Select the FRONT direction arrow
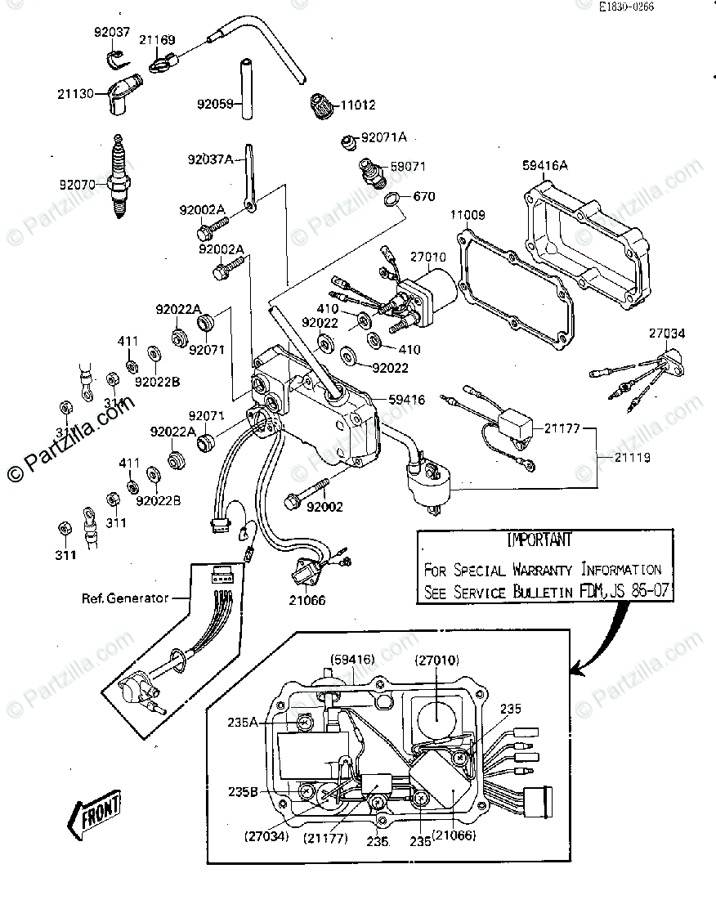pyautogui.click(x=96, y=813)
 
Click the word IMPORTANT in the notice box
pyautogui.click(x=539, y=541)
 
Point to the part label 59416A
pyautogui.click(x=544, y=166)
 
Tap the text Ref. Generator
pyautogui.click(x=125, y=598)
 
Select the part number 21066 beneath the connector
pyautogui.click(x=307, y=600)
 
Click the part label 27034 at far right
pyautogui.click(x=668, y=334)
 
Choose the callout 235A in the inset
pyautogui.click(x=244, y=722)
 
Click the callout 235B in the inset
pyautogui.click(x=244, y=792)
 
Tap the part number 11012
pyautogui.click(x=357, y=105)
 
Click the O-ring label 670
pyautogui.click(x=424, y=196)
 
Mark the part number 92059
pyautogui.click(x=215, y=104)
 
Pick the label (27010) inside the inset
pyautogui.click(x=439, y=660)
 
